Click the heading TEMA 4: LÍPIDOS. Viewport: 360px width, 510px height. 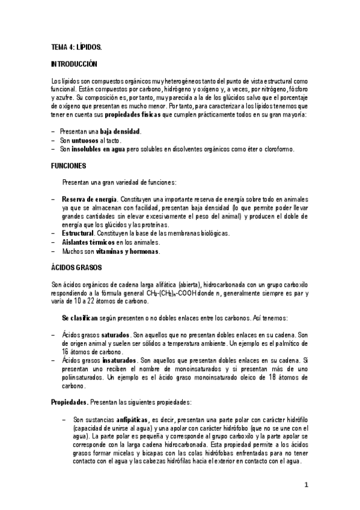[76, 46]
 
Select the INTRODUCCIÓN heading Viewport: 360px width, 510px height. [75, 63]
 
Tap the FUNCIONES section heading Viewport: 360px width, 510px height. [69, 165]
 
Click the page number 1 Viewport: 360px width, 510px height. [306, 484]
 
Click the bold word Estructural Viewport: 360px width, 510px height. [78, 233]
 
